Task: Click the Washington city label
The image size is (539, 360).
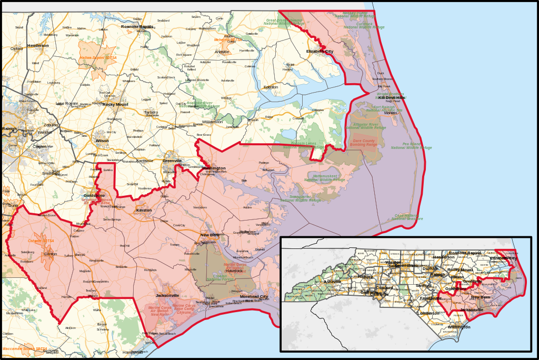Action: (215, 168)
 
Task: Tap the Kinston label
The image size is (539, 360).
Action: (144, 210)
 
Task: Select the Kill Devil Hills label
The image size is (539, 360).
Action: (392, 97)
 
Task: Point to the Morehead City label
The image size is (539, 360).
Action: (254, 296)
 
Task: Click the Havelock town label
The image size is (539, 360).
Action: (234, 271)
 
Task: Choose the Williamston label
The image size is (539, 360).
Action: (212, 122)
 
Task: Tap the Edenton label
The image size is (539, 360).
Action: (271, 87)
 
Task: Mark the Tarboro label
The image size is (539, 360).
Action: (151, 112)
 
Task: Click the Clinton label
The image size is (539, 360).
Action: (51, 254)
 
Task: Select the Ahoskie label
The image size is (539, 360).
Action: (222, 52)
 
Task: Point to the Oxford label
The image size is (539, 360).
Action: (16, 48)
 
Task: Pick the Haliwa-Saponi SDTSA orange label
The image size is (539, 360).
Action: (98, 57)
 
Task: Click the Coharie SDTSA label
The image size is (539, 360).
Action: (41, 241)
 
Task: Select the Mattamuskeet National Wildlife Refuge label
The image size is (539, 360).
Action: (325, 178)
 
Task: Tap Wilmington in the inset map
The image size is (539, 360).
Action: (459, 327)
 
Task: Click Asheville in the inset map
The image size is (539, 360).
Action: (332, 282)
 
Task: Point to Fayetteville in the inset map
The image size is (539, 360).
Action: (431, 298)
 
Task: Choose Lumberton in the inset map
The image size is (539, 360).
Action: (428, 313)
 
